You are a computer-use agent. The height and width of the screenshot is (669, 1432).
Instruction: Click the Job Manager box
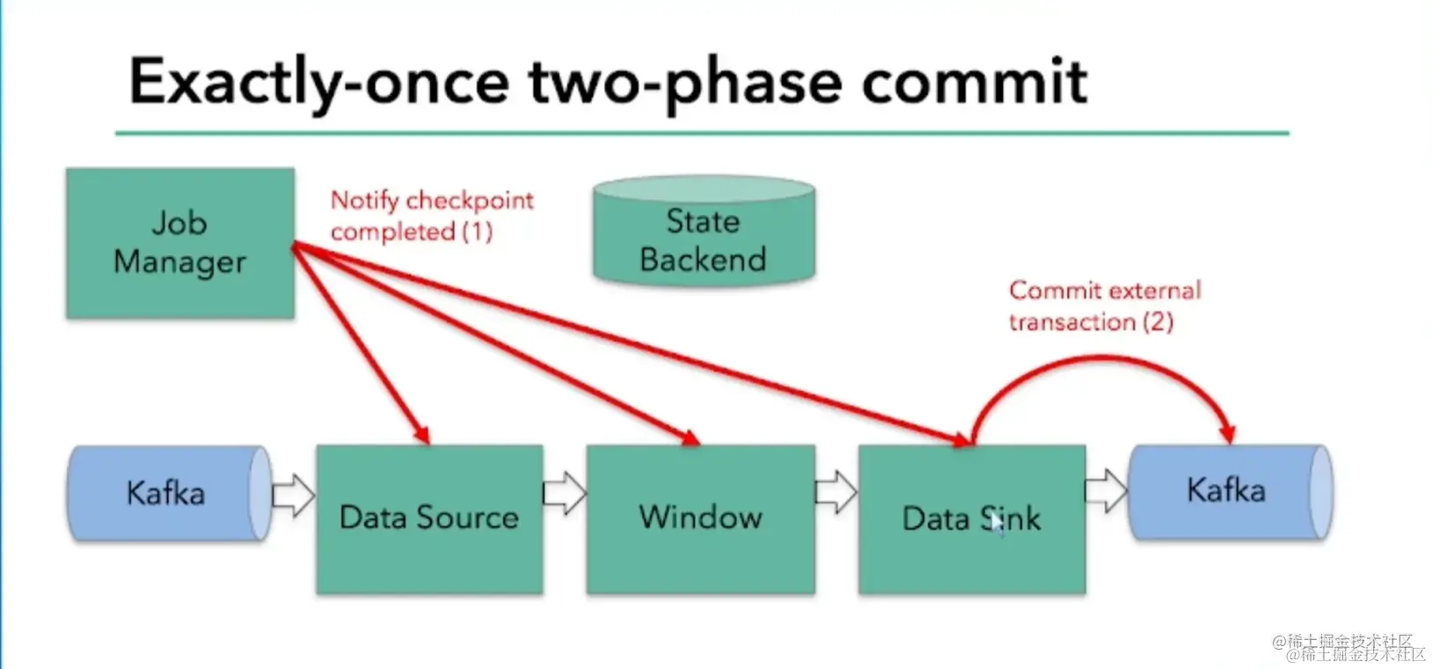point(179,243)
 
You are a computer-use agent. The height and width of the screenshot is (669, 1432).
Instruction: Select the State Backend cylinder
point(703,233)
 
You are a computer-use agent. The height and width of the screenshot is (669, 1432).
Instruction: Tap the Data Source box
point(429,518)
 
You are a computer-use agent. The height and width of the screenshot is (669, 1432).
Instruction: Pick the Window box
point(700,518)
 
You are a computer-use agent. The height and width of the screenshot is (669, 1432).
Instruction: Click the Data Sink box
point(971,518)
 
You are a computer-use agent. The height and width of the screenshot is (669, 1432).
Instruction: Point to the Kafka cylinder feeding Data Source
point(168,493)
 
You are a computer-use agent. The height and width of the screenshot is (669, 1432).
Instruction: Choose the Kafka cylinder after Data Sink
point(1229,491)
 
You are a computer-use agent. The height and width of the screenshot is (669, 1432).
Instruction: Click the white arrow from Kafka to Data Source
point(293,495)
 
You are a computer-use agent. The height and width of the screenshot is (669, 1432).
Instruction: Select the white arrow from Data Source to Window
point(564,493)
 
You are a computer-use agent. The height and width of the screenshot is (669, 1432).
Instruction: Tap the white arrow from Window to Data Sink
point(836,493)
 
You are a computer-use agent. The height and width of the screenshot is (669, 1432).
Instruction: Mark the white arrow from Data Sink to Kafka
point(1106,491)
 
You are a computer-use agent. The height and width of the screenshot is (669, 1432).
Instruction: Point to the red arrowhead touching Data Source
point(421,434)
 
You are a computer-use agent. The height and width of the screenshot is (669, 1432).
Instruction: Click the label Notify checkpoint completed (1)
point(431,216)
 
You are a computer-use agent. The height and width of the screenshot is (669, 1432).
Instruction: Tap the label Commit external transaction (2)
point(1104,305)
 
